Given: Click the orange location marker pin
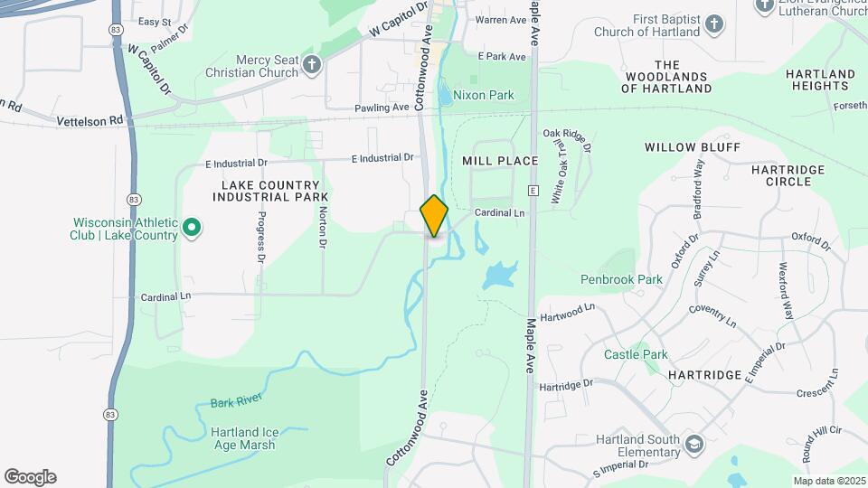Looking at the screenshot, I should coord(435,217).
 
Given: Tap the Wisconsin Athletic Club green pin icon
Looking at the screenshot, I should coord(192,227).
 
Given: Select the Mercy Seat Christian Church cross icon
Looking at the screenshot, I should coord(312,64).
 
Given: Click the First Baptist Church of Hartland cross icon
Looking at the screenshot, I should coord(714,24).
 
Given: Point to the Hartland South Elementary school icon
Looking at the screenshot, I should coord(693,444).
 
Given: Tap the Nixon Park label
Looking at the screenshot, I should coord(483,95).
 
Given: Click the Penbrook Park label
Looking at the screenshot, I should coord(621,279).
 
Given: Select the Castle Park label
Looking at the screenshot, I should coord(636,354).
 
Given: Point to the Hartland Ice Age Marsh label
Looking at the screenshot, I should coord(245,437).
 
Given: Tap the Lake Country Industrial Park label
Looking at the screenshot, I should coord(269,190).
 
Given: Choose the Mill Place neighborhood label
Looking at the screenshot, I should coord(500,161).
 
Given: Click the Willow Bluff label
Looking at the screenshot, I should coord(693,146).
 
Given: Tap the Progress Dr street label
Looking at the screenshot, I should coord(261,237).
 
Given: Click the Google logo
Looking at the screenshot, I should coord(30,477).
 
